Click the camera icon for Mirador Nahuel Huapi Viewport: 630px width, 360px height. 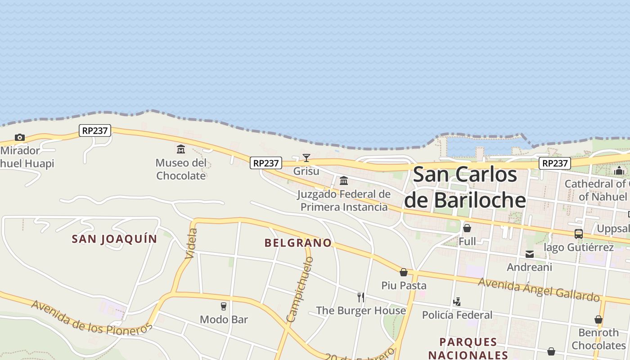point(19,137)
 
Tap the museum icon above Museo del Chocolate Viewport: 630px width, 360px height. point(181,149)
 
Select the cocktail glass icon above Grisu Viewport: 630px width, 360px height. point(306,158)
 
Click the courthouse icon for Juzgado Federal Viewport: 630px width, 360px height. point(344,181)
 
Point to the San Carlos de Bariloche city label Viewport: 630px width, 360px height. point(465,187)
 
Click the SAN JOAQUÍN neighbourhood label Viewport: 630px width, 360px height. point(114,239)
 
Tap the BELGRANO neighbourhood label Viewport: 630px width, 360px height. point(298,243)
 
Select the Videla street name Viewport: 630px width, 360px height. point(192,243)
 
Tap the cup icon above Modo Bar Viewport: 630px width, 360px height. point(224,306)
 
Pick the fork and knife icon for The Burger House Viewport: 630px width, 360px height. point(360,297)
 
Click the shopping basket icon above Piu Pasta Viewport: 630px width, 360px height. point(404,272)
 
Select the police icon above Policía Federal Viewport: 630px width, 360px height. point(457,301)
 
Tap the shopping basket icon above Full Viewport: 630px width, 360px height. point(467,228)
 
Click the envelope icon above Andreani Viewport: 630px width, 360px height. point(530,254)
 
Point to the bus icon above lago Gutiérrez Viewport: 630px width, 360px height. point(579,234)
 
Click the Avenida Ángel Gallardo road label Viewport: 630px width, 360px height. point(539,289)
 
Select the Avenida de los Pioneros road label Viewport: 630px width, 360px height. point(92,318)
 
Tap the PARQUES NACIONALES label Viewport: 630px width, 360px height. point(468,348)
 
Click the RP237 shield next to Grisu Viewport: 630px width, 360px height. point(266,163)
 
